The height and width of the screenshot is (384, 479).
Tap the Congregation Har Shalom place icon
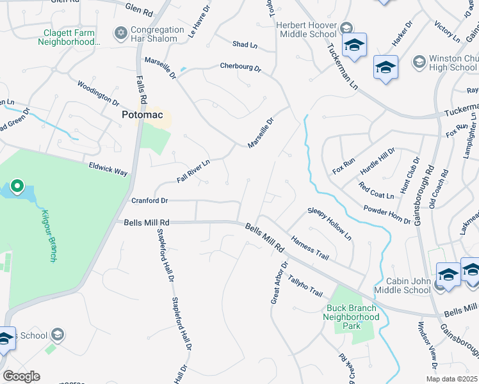coord(120,32)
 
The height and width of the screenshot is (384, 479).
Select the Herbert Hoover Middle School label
coord(306,29)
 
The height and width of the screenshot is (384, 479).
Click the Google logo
coord(21,376)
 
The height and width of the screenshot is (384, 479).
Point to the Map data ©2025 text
coord(451,379)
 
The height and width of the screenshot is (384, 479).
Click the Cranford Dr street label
coord(149,200)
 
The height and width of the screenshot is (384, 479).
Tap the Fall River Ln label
coord(193,171)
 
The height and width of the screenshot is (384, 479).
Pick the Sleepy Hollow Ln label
coord(330,224)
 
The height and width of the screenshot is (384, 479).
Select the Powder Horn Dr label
coord(387,215)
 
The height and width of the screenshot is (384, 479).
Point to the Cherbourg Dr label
coord(240,67)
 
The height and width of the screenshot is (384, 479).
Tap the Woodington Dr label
coord(98,93)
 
